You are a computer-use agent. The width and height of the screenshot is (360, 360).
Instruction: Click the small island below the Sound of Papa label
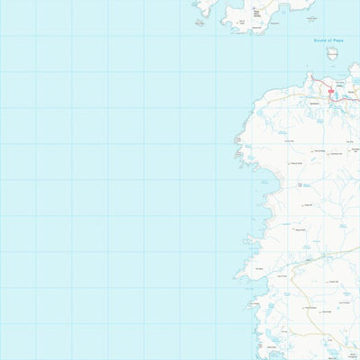(332, 53)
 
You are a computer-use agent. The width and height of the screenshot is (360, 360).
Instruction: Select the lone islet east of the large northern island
(310, 18)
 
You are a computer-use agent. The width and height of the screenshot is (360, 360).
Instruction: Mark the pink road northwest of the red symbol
(318, 84)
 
